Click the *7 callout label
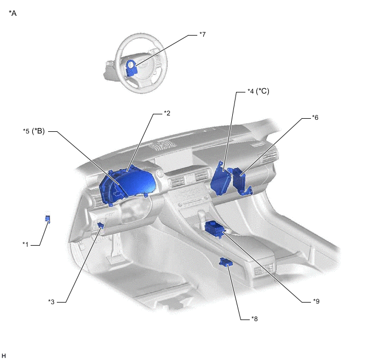[x=203, y=34]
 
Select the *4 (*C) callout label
[x=258, y=91]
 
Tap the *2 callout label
[x=167, y=113]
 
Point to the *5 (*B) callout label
[x=34, y=131]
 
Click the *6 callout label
[x=315, y=118]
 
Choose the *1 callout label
[x=26, y=245]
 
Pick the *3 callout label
[x=51, y=301]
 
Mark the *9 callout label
[x=316, y=301]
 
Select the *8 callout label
[x=255, y=319]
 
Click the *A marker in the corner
[x=13, y=13]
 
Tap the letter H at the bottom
[x=4, y=356]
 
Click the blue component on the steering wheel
[x=131, y=68]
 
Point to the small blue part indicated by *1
[x=48, y=219]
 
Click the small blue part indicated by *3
[x=101, y=225]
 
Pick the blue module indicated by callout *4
[x=220, y=179]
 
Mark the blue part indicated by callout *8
[x=226, y=262]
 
